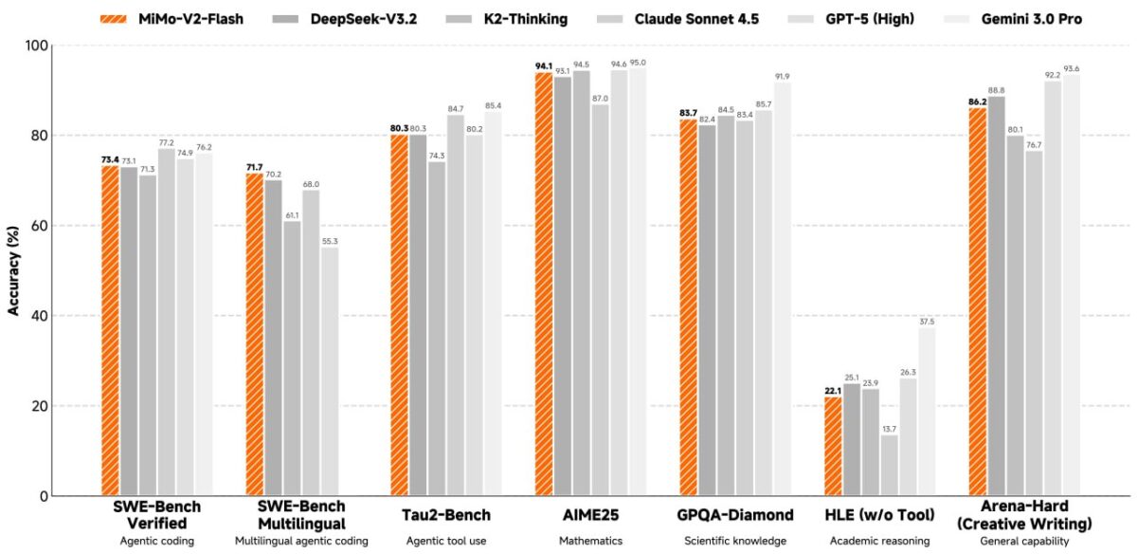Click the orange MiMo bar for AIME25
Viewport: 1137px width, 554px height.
544,284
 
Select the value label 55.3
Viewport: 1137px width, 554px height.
330,241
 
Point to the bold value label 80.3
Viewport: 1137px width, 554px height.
399,128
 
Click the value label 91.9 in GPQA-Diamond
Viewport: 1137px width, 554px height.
782,76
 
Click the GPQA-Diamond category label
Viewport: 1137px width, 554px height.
735,515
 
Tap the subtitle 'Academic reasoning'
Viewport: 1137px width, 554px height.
880,541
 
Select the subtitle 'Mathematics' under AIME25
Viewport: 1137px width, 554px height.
589,541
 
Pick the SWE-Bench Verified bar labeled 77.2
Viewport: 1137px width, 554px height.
166,323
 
